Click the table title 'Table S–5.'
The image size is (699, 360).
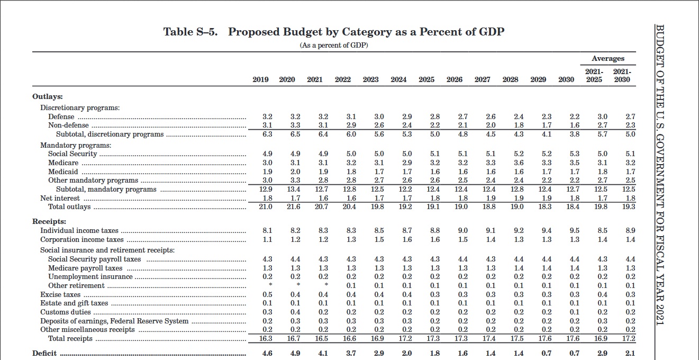click(190, 32)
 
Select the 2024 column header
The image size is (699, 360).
click(398, 79)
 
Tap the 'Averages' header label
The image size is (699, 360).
click(608, 58)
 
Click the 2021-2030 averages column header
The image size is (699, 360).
click(622, 76)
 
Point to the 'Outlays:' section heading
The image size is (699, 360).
click(48, 96)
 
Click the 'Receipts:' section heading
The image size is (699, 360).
click(49, 222)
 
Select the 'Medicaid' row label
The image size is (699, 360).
click(63, 172)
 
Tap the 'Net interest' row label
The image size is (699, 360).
click(60, 199)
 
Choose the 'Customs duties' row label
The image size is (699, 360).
click(66, 312)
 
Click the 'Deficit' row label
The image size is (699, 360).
click(44, 354)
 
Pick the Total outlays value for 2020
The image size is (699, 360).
click(294, 206)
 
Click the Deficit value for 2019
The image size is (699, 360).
click(267, 354)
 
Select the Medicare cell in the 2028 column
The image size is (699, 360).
click(519, 163)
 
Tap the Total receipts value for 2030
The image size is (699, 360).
click(573, 339)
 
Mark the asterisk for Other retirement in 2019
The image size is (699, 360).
click(270, 284)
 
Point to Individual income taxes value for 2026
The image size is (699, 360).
click(463, 231)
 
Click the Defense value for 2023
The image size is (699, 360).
click(379, 117)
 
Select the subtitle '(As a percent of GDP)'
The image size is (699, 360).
click(334, 46)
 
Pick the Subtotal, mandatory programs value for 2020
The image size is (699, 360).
click(294, 189)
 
